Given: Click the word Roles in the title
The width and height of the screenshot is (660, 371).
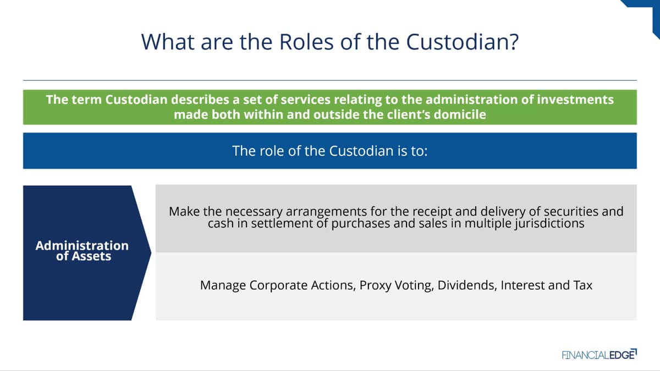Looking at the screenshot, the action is [306, 42].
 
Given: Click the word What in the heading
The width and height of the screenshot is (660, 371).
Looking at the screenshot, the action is [168, 42].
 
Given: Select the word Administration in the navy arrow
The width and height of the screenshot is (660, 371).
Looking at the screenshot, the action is [82, 246].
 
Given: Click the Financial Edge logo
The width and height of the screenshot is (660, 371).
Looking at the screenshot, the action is [599, 355].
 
